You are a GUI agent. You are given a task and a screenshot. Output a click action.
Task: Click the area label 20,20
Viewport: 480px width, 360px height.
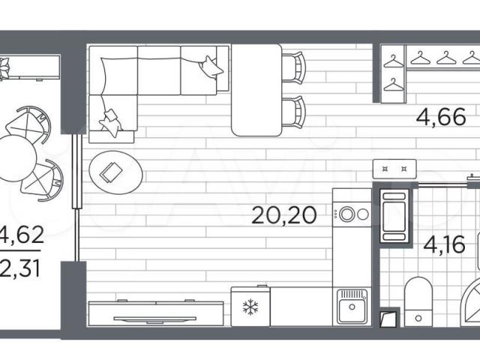(283, 215)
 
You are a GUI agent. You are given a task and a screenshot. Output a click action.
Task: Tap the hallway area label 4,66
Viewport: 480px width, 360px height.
(441, 117)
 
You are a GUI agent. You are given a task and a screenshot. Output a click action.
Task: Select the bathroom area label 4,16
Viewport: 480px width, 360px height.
(444, 244)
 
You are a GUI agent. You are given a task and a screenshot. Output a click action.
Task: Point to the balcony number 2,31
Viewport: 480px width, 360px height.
(20, 269)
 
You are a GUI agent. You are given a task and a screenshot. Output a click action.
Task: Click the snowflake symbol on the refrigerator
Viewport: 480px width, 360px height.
(250, 307)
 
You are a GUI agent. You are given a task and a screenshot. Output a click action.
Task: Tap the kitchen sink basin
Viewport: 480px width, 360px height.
(352, 310)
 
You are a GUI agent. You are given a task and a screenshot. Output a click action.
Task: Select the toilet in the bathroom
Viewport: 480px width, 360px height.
(418, 301)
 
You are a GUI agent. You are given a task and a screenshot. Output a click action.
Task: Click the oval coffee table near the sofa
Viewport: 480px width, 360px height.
(115, 172)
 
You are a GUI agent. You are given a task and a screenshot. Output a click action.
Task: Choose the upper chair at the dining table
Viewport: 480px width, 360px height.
(293, 67)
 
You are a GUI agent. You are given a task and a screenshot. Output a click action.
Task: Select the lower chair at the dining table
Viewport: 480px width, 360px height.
(293, 111)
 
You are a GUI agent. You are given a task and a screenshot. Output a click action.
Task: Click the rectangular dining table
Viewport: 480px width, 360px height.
(256, 90)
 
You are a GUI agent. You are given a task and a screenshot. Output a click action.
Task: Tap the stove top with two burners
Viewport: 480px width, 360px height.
(394, 169)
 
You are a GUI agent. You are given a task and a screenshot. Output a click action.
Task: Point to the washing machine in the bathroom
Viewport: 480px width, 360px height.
(394, 215)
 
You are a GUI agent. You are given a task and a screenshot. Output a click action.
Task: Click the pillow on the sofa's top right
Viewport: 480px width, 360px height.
(211, 67)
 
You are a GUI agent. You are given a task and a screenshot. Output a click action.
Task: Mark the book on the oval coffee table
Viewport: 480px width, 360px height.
(112, 172)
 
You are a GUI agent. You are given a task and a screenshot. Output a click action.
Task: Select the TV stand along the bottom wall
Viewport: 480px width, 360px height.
(156, 313)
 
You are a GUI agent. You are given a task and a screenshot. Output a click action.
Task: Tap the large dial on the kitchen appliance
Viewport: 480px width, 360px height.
(347, 214)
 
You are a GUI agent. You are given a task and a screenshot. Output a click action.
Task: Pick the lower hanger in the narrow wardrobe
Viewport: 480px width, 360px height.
(394, 85)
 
